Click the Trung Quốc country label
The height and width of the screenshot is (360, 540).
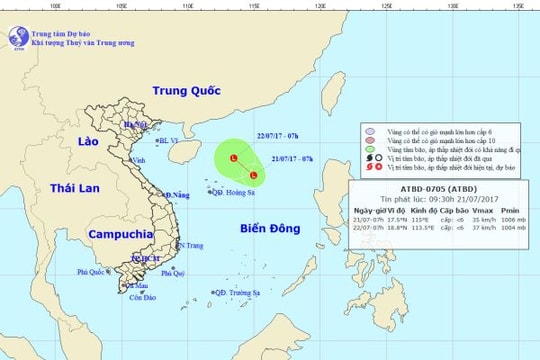(189, 90)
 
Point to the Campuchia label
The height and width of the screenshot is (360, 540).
(111, 233)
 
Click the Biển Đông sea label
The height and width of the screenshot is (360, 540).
(271, 229)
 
